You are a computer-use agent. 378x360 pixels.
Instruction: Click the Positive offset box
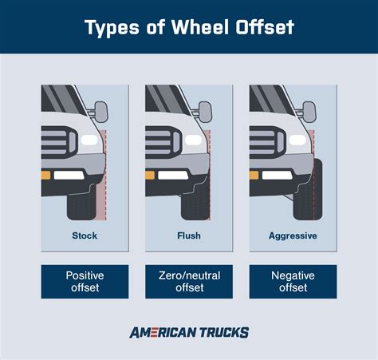tap(84, 282)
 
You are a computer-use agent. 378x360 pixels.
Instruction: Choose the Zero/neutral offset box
tap(189, 282)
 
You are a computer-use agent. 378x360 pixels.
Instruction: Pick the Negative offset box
tap(293, 282)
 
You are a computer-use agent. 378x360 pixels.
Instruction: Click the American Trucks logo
tap(189, 333)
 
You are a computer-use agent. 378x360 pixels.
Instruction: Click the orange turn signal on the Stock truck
tap(46, 174)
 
